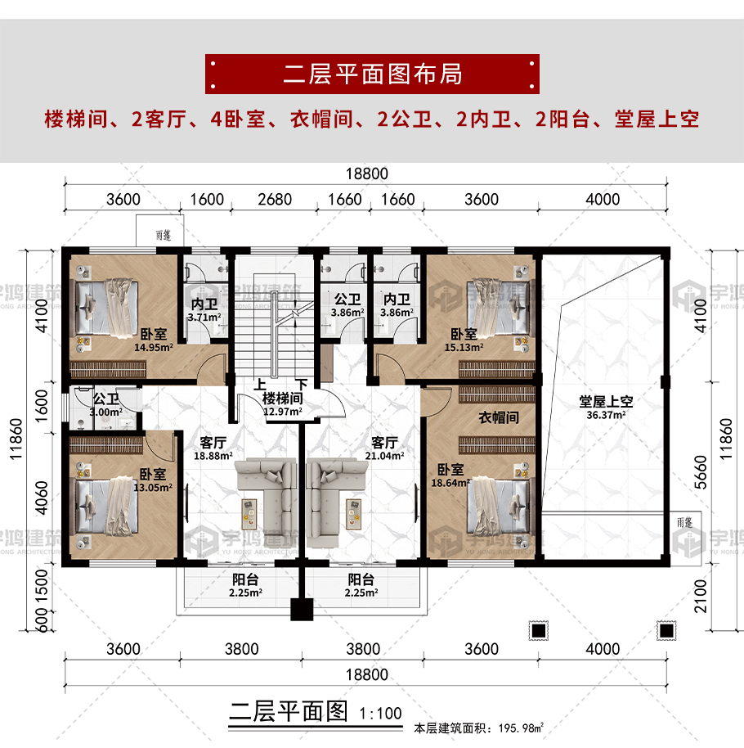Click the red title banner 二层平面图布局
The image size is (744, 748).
pyautogui.click(x=372, y=74)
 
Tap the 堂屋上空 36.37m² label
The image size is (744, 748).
pyautogui.click(x=606, y=408)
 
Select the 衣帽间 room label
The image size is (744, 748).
pyautogui.click(x=499, y=417)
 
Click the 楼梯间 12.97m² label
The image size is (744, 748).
pyautogui.click(x=283, y=404)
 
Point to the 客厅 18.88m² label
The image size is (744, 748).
pyautogui.click(x=213, y=448)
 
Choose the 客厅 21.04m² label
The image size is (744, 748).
pyautogui.click(x=384, y=448)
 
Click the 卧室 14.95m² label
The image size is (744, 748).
pyautogui.click(x=154, y=340)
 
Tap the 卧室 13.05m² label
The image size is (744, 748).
pyautogui.click(x=153, y=480)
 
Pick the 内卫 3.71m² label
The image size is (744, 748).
pyautogui.click(x=204, y=310)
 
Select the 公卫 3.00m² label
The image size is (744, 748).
pyautogui.click(x=105, y=405)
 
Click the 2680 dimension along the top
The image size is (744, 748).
pyautogui.click(x=275, y=200)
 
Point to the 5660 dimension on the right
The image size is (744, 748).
pyautogui.click(x=700, y=472)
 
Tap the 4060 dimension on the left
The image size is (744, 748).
pyautogui.click(x=42, y=498)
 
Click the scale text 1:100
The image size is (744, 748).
pyautogui.click(x=380, y=714)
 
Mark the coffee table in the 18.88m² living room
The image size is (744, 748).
pyautogui.click(x=249, y=514)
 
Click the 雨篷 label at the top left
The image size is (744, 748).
pyautogui.click(x=164, y=235)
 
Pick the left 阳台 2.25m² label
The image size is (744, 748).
pyautogui.click(x=245, y=585)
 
